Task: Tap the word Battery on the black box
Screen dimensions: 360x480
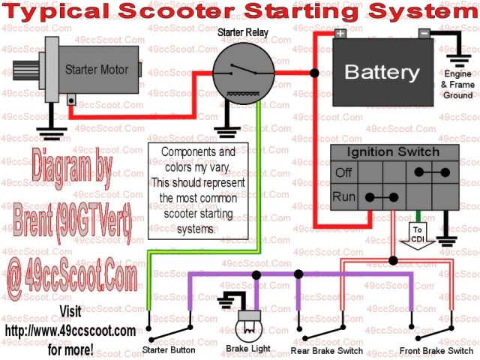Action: click(381, 73)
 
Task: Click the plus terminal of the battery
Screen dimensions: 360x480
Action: click(340, 34)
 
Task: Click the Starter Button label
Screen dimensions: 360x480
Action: click(169, 350)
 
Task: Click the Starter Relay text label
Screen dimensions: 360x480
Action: click(239, 34)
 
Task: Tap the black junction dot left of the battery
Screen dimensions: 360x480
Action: click(314, 73)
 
